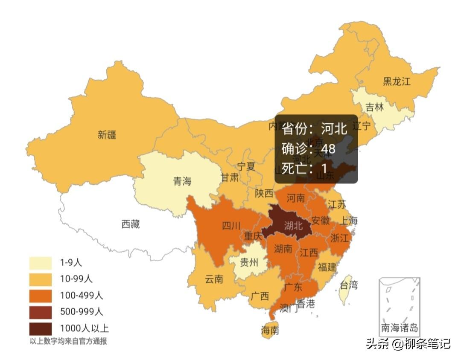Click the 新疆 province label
click(107, 135)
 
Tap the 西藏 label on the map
click(131, 224)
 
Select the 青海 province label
click(182, 181)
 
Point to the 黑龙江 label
click(396, 81)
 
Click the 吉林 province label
click(374, 107)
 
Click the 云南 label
click(214, 279)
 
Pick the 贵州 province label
click(249, 261)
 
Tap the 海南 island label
click(270, 330)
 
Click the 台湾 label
click(348, 285)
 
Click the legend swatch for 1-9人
click(41, 263)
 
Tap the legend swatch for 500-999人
click(41, 312)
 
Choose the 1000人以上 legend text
click(84, 328)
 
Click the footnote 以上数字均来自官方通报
click(68, 341)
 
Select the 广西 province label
click(260, 296)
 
